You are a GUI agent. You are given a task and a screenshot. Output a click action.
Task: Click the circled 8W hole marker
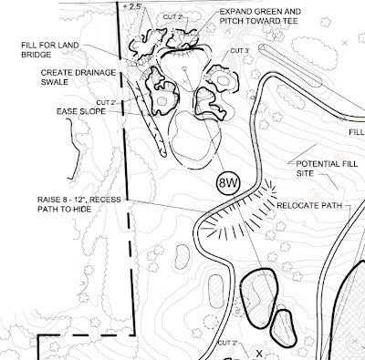pyautogui.click(x=228, y=183)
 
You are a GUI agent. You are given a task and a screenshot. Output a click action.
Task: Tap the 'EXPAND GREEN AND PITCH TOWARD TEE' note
pyautogui.click(x=260, y=16)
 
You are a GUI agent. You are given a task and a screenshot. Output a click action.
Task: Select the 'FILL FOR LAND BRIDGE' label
pyautogui.click(x=50, y=50)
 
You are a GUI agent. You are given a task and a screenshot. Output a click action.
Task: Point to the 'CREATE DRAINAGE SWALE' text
pyautogui.click(x=78, y=77)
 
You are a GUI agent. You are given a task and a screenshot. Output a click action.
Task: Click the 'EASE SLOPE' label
pyautogui.click(x=81, y=111)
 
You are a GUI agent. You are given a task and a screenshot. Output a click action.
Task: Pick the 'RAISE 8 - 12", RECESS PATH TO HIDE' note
pyautogui.click(x=79, y=204)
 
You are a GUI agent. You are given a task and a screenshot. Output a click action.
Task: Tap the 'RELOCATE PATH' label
pyautogui.click(x=309, y=206)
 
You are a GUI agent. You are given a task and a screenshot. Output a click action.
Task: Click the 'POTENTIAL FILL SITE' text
pyautogui.click(x=327, y=169)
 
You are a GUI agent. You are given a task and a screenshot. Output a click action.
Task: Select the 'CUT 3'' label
pyautogui.click(x=240, y=51)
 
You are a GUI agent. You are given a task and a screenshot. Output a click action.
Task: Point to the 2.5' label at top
pyautogui.click(x=136, y=6)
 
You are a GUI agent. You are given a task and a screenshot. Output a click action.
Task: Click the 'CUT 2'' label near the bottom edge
pyautogui.click(x=227, y=343)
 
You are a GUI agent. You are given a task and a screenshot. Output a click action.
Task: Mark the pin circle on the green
pyautogui.click(x=184, y=68)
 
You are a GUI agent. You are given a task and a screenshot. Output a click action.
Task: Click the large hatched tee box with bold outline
pyautogui.click(x=259, y=298)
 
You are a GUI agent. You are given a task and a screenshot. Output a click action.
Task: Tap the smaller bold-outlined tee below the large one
pyautogui.click(x=284, y=328)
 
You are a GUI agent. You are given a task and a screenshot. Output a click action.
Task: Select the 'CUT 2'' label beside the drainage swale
pyautogui.click(x=107, y=103)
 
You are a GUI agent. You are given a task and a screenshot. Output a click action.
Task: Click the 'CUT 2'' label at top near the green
pyautogui.click(x=172, y=17)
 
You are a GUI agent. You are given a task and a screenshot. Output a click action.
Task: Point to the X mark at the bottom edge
pyautogui.click(x=259, y=354)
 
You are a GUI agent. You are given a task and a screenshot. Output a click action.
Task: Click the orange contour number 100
pyautogui.click(x=338, y=157)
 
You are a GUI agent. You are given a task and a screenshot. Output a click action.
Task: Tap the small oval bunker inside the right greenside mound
pyautogui.click(x=224, y=80)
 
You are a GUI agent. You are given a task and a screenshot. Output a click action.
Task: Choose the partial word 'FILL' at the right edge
pyautogui.click(x=357, y=132)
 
